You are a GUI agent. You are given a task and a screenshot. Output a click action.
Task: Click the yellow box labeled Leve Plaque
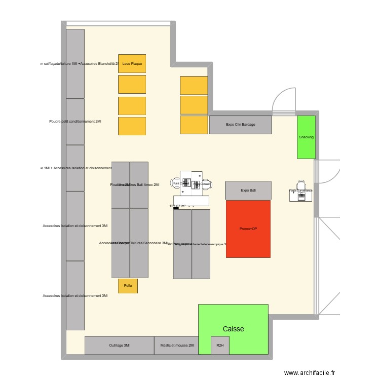(x=132, y=63)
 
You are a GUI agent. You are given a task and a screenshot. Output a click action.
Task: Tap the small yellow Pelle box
(x=128, y=286)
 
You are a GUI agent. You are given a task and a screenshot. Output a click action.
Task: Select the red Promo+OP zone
(x=248, y=229)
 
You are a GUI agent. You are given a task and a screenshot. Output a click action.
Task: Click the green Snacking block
(x=306, y=137)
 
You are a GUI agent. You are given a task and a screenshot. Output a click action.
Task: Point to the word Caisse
(x=233, y=329)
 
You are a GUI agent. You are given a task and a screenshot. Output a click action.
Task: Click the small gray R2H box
(x=220, y=346)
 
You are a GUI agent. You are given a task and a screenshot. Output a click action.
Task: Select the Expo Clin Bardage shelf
(x=241, y=125)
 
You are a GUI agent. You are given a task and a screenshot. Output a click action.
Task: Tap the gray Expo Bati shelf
(x=248, y=191)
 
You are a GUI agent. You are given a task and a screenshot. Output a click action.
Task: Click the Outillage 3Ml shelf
(x=119, y=346)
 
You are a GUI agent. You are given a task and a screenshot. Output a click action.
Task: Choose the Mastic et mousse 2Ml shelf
(x=177, y=346)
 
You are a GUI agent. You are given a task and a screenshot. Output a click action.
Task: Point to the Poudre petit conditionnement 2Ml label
(x=75, y=122)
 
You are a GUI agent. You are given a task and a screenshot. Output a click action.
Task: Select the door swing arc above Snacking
(x=283, y=99)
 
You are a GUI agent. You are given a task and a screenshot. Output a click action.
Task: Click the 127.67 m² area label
(x=178, y=206)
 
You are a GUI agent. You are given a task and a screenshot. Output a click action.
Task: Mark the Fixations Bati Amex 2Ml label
(x=135, y=185)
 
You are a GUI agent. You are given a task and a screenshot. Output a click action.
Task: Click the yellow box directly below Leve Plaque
(x=132, y=84)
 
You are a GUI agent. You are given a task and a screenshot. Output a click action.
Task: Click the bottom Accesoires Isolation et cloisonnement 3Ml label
(x=75, y=295)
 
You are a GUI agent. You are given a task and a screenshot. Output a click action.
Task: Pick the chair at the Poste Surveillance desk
(x=301, y=184)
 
